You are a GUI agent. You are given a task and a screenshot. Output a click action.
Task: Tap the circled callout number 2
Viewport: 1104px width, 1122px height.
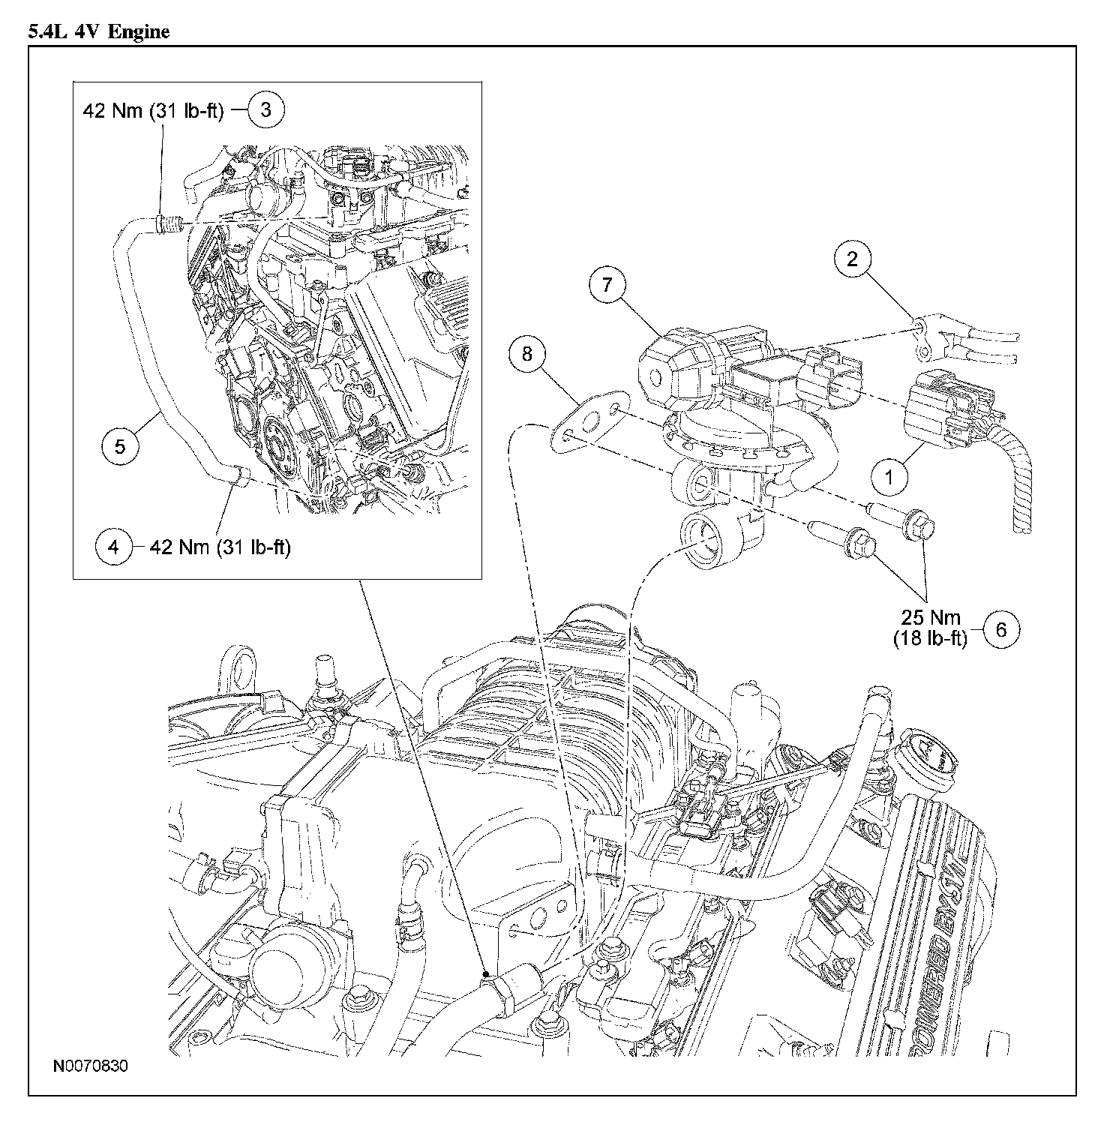tap(852, 259)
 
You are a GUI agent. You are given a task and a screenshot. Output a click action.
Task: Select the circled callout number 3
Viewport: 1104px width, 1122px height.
tap(266, 109)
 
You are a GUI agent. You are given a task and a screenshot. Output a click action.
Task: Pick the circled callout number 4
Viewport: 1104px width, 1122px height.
tap(113, 547)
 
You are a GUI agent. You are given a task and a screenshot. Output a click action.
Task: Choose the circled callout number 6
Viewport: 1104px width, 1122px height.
tap(1001, 629)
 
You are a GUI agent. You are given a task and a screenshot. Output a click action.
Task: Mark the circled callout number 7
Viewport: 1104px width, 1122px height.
tap(606, 284)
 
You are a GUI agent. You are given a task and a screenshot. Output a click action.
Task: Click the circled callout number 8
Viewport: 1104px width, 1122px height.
tap(527, 353)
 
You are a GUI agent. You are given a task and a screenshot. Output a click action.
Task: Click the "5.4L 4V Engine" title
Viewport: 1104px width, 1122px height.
tap(98, 31)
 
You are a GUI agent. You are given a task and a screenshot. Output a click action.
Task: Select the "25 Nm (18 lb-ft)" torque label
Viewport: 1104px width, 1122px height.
tap(930, 628)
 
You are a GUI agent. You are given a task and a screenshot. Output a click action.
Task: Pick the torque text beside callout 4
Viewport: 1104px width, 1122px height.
tap(220, 547)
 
